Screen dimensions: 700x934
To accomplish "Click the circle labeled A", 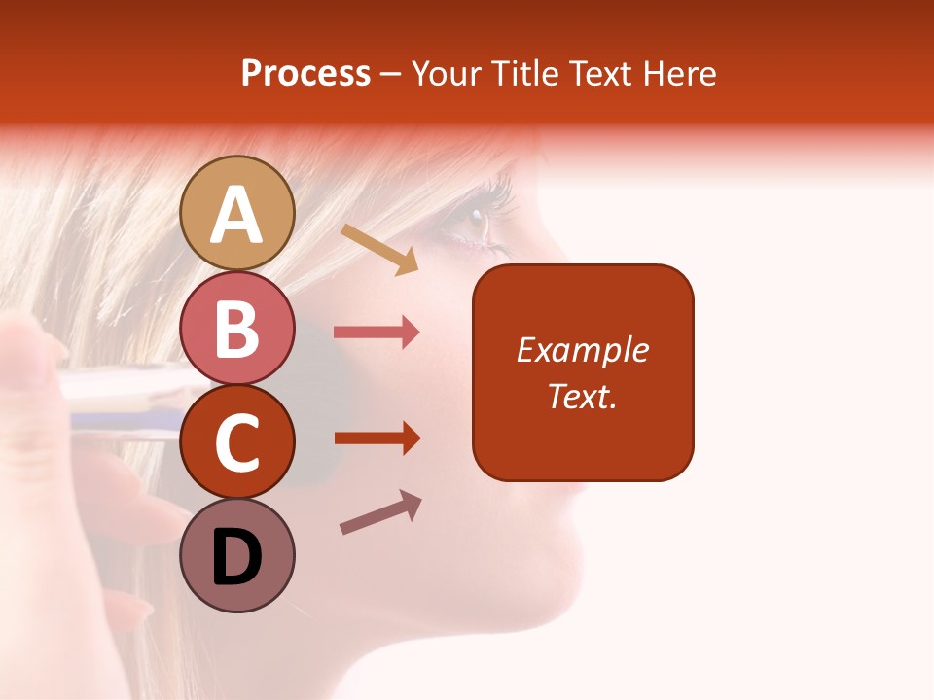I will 236,213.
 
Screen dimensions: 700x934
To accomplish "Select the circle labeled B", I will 236,329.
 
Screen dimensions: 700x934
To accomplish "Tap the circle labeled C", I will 236,441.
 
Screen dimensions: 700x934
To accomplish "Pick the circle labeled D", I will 236,555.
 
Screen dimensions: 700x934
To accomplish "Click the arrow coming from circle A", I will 379,249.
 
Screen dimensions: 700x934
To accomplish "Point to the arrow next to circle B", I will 377,332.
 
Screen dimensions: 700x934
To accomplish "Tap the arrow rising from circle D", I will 380,512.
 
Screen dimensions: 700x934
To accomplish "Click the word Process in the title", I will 305,73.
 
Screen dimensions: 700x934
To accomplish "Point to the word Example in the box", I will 582,350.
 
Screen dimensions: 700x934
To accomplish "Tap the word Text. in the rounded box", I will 582,396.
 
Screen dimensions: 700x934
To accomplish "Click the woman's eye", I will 474,222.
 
